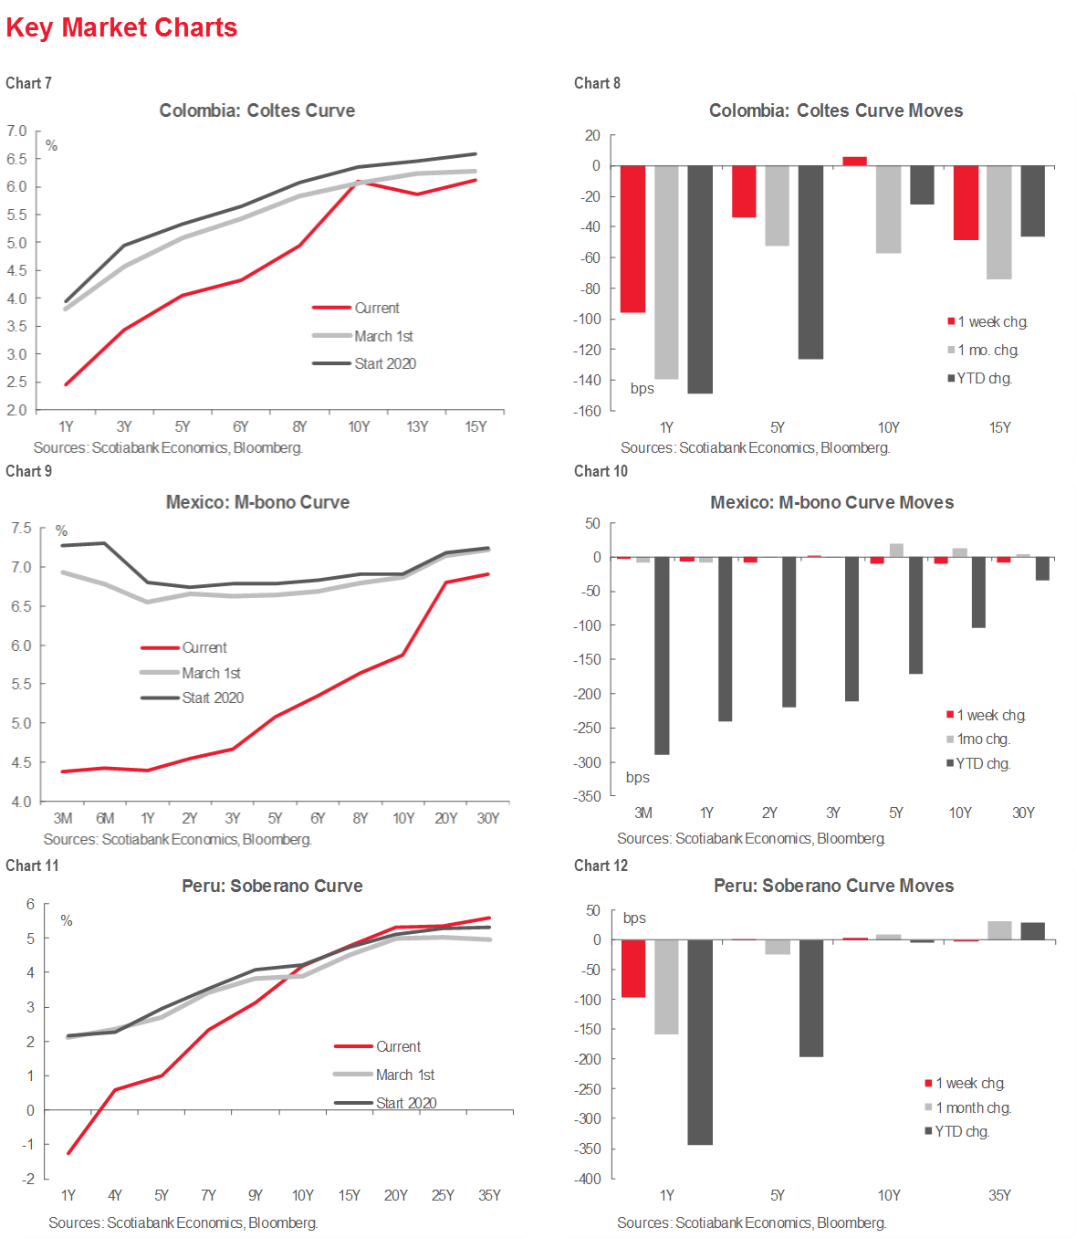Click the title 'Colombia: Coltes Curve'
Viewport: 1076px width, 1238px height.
(x=256, y=110)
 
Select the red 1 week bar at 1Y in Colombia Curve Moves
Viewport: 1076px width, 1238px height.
(x=632, y=238)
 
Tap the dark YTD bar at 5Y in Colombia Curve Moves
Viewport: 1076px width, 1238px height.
(x=810, y=262)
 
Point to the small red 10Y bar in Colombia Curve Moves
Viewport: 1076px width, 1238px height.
(x=854, y=161)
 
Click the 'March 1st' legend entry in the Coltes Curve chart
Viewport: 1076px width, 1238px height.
(x=383, y=336)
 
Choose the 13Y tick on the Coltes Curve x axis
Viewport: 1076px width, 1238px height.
(x=417, y=426)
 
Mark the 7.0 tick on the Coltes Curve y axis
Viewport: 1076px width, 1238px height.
(x=17, y=131)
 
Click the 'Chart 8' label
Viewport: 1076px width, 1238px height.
(x=597, y=83)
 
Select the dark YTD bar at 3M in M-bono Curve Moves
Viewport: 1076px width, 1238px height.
(x=662, y=656)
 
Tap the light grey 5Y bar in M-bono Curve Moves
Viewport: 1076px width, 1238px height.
(x=896, y=550)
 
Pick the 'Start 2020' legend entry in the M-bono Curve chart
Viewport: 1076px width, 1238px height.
(x=212, y=698)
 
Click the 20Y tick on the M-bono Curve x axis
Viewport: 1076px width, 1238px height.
(x=445, y=818)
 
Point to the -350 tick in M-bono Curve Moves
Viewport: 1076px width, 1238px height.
(x=587, y=796)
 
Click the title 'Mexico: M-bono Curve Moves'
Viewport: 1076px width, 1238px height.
(x=831, y=502)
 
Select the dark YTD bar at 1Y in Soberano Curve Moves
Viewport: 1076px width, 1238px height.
(x=700, y=1042)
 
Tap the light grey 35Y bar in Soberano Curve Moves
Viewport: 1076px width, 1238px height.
(x=999, y=930)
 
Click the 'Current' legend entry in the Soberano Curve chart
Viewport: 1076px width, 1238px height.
(x=398, y=1046)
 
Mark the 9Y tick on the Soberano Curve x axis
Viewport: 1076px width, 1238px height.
(x=256, y=1195)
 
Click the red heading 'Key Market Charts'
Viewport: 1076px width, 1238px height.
(x=121, y=27)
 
